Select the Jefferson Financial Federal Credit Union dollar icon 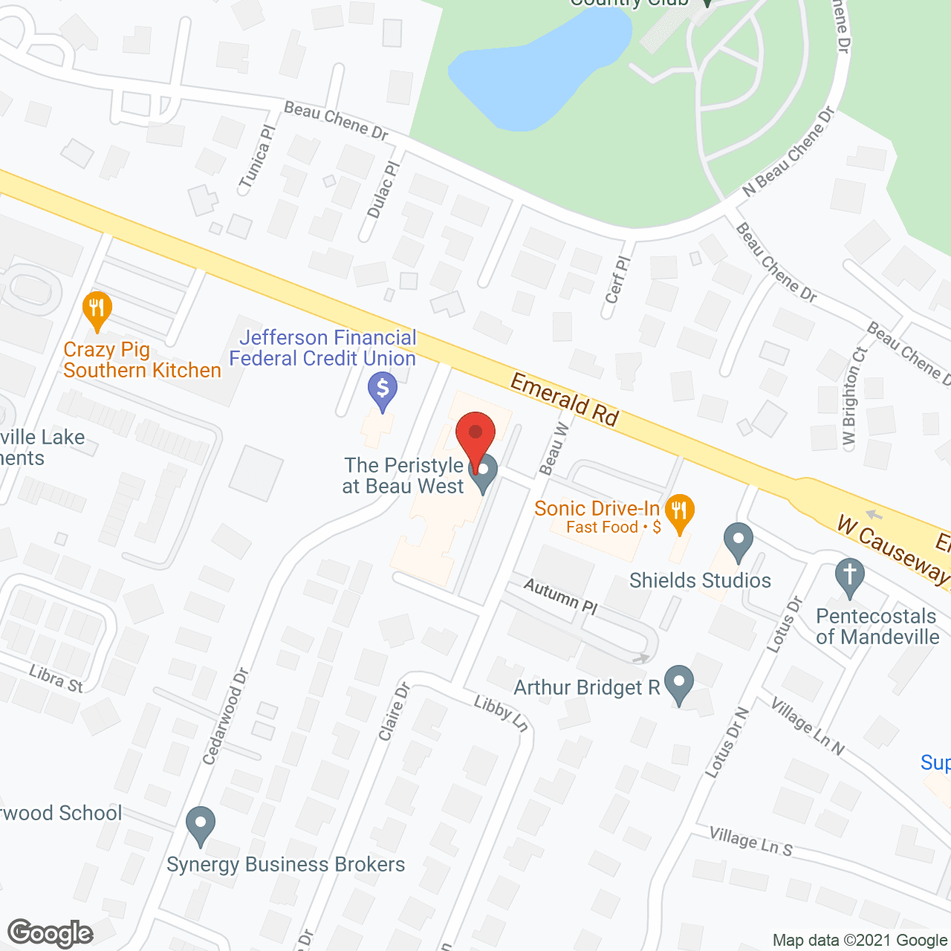pyautogui.click(x=383, y=389)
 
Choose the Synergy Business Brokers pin pyautogui.click(x=200, y=824)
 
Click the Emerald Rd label pyautogui.click(x=565, y=400)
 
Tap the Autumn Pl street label pyautogui.click(x=561, y=596)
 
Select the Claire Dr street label pyautogui.click(x=394, y=712)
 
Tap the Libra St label pyautogui.click(x=56, y=679)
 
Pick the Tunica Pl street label pyautogui.click(x=257, y=156)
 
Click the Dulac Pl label pyautogui.click(x=383, y=189)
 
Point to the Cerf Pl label pyautogui.click(x=617, y=280)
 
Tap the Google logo pyautogui.click(x=50, y=933)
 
